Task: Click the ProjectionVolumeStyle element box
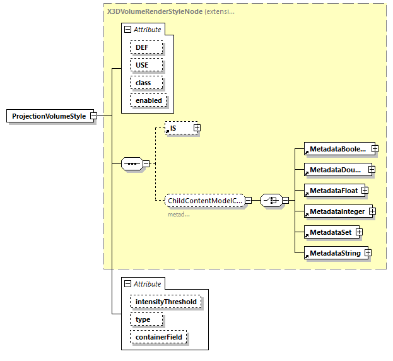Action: pyautogui.click(x=49, y=116)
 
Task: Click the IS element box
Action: pyautogui.click(x=178, y=128)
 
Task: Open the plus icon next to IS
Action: pyautogui.click(x=197, y=128)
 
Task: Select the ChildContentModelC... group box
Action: pyautogui.click(x=204, y=201)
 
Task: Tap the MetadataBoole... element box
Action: pyautogui.click(x=336, y=149)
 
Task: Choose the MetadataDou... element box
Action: pyautogui.click(x=335, y=170)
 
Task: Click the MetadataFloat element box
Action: pyautogui.click(x=332, y=191)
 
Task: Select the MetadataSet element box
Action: pyautogui.click(x=329, y=232)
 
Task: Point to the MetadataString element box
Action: pyautogui.click(x=334, y=253)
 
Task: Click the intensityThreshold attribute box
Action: pyautogui.click(x=166, y=302)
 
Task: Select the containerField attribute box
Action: pyautogui.click(x=159, y=338)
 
